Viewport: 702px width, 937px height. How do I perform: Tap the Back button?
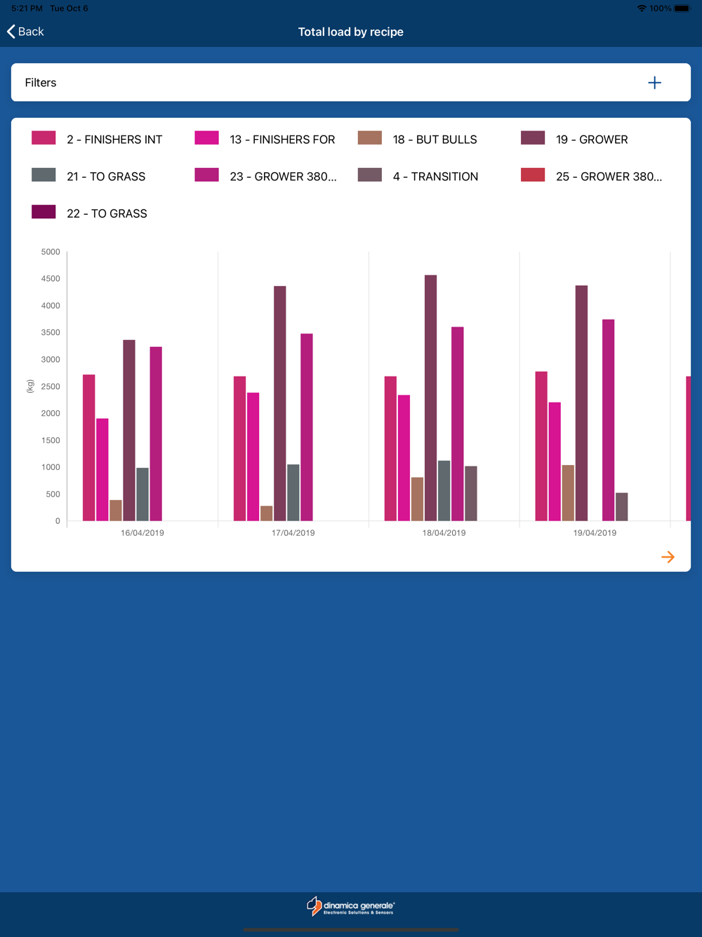coord(25,32)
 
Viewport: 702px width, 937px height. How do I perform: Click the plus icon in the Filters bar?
coord(654,83)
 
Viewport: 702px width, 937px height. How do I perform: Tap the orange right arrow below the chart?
coord(668,557)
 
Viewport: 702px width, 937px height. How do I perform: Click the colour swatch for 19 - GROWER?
coord(533,138)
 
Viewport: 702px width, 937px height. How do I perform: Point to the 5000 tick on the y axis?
coord(51,252)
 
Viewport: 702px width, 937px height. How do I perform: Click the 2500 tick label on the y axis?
coord(51,386)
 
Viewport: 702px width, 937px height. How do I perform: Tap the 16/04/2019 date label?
coord(143,533)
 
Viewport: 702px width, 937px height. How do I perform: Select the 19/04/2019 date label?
coord(595,533)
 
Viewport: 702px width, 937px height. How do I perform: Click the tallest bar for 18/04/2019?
coord(430,398)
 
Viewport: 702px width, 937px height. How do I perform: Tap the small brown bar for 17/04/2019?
coord(266,513)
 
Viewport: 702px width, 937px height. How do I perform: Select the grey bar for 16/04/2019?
coord(143,494)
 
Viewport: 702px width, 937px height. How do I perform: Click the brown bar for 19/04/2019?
coord(568,492)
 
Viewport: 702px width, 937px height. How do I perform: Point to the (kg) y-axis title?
coord(30,386)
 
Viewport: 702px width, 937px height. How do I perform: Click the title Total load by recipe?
coord(350,32)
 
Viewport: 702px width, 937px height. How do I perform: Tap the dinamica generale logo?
coord(350,907)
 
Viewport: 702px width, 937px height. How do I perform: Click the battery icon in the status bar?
coord(682,8)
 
